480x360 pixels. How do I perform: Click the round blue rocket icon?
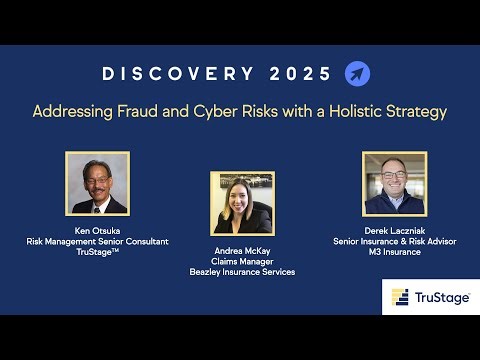(x=357, y=74)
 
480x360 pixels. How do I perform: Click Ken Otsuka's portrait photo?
(x=97, y=183)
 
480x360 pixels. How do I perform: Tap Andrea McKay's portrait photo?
(x=241, y=203)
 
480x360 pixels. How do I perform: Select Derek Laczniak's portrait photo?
(x=391, y=183)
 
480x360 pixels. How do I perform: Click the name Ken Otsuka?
(x=97, y=230)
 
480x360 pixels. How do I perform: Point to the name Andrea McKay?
(x=241, y=250)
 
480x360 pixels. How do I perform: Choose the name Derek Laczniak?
(x=391, y=230)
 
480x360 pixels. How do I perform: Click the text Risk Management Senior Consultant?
(x=97, y=241)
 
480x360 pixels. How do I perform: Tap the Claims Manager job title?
(x=241, y=261)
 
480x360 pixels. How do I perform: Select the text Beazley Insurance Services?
(x=241, y=272)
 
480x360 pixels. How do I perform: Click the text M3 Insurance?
(x=391, y=252)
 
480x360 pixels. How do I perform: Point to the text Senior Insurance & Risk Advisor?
(x=391, y=241)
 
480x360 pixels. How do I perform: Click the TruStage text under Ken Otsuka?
(x=97, y=252)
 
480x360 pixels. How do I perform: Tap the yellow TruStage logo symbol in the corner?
(x=400, y=298)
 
